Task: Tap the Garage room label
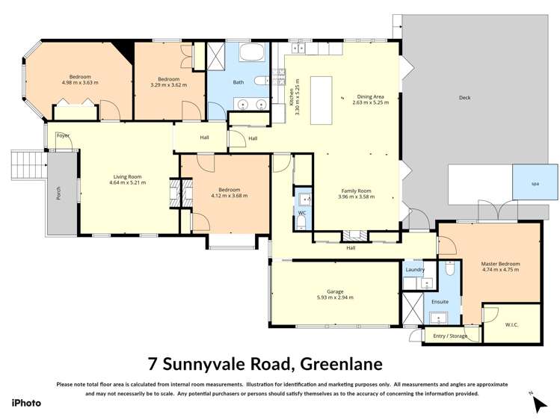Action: click(x=334, y=292)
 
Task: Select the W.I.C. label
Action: click(x=511, y=324)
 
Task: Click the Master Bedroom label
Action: click(x=500, y=264)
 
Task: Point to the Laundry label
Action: click(x=415, y=269)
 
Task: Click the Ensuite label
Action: click(x=440, y=301)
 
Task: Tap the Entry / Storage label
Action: click(x=449, y=336)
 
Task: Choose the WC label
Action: click(x=302, y=213)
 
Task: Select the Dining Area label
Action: click(x=370, y=96)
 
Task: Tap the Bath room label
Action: click(x=239, y=82)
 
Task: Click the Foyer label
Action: click(x=64, y=135)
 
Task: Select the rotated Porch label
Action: click(x=58, y=194)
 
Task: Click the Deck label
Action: click(x=465, y=97)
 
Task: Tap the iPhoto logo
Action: click(x=26, y=403)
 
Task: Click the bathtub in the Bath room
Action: click(x=253, y=52)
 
